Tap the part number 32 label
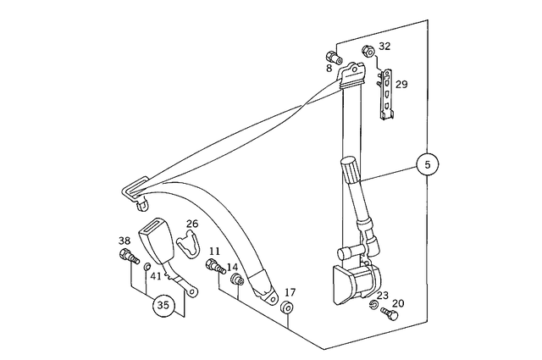click(384, 47)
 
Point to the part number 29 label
click(401, 84)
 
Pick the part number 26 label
click(192, 224)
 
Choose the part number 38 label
click(124, 241)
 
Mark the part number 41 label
click(156, 275)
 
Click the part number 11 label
click(214, 252)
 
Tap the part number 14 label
click(232, 267)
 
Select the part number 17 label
click(290, 292)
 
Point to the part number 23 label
click(383, 296)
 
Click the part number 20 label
click(398, 303)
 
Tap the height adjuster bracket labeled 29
click(386, 93)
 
